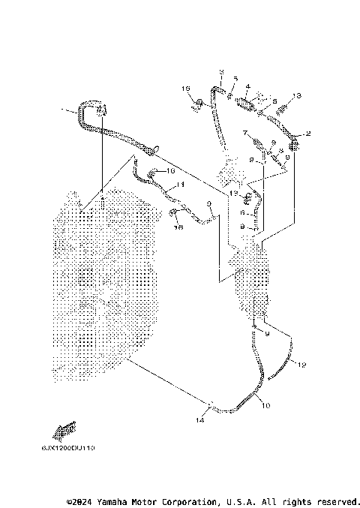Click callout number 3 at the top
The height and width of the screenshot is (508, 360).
pos(221,71)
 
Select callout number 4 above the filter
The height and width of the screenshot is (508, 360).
pos(247,87)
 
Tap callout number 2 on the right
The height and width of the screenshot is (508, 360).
pos(308,133)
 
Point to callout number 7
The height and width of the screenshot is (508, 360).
pos(244,133)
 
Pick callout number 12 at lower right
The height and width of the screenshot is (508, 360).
pos(301,365)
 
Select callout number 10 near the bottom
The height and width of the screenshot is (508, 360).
pos(264,405)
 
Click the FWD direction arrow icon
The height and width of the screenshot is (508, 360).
pos(65,429)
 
